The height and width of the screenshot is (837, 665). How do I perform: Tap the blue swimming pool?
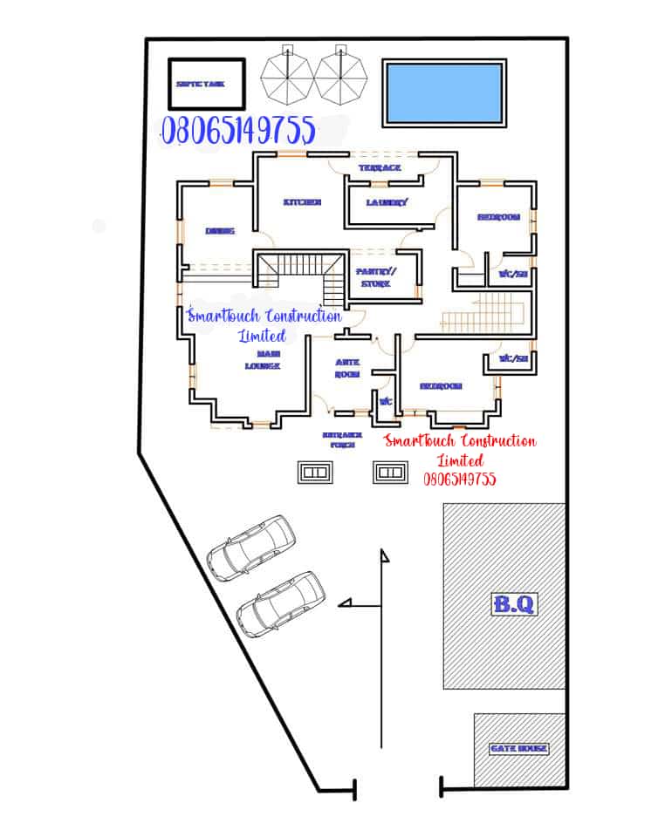(443, 92)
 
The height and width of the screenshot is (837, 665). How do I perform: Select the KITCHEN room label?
(302, 201)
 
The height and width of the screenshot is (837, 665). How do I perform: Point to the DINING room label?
(220, 231)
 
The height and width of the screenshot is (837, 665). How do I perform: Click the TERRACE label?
(380, 167)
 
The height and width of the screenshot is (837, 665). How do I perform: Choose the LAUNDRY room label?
(387, 202)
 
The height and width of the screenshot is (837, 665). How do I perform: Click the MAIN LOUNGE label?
(262, 360)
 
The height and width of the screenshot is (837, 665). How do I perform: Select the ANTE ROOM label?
(347, 368)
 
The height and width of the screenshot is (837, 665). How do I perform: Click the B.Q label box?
(514, 604)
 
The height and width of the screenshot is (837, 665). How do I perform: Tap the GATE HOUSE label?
(518, 748)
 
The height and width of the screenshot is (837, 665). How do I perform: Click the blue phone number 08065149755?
(238, 131)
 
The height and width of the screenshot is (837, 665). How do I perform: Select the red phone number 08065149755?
(460, 479)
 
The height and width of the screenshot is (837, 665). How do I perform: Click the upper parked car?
(250, 547)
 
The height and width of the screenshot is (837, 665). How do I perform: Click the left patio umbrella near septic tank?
(286, 74)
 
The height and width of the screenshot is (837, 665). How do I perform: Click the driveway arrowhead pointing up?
(382, 555)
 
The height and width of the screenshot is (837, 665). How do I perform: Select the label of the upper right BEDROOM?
(498, 217)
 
